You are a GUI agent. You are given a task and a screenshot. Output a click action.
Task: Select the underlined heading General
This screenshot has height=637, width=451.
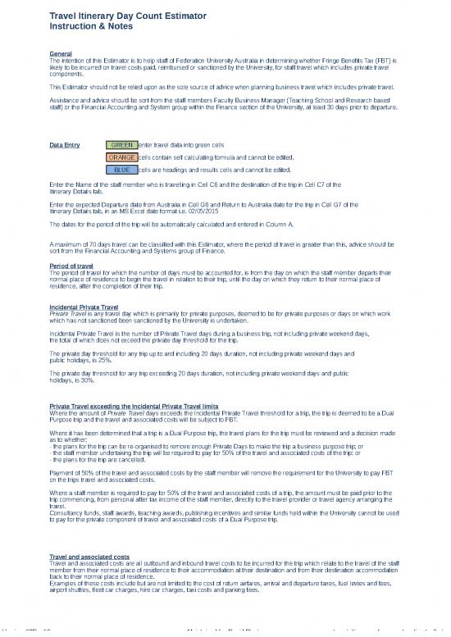[x=61, y=54]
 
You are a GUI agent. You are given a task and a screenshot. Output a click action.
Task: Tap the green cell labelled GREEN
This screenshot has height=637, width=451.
[x=122, y=145]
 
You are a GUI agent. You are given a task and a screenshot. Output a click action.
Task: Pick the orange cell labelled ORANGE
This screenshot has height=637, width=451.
[x=122, y=157]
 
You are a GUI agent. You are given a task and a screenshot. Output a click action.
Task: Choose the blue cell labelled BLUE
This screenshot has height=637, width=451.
[x=122, y=170]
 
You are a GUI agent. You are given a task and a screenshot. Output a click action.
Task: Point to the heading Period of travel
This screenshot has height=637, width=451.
[x=71, y=266]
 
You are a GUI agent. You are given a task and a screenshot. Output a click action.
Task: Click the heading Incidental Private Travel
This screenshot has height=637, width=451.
[x=84, y=307]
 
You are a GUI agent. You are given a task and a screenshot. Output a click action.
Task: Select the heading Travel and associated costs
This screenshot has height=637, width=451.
[x=89, y=557]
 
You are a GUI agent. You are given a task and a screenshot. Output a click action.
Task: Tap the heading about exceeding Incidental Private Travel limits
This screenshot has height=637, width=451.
[x=134, y=407]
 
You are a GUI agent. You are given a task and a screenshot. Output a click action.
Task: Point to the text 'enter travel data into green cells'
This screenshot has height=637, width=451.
[x=182, y=145]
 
